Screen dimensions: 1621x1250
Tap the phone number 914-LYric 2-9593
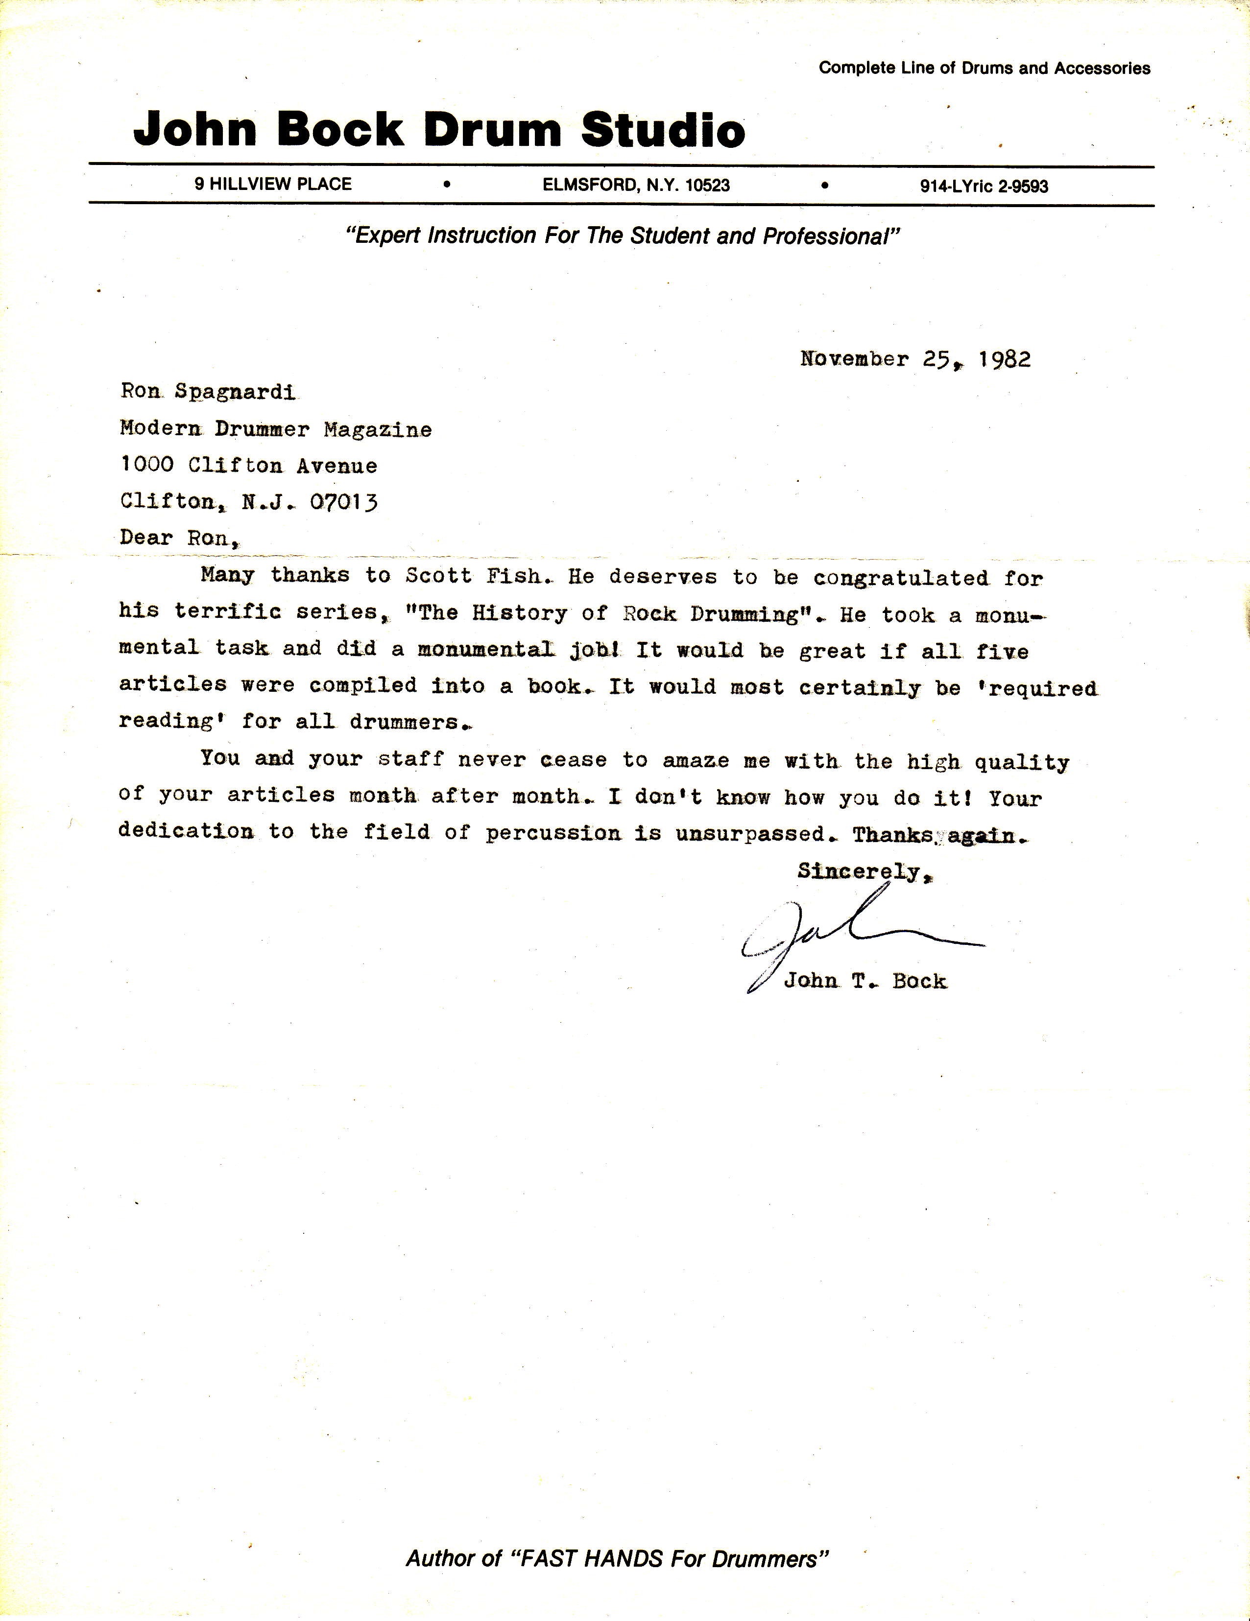[x=984, y=187]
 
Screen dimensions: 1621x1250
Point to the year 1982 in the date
[x=1004, y=359]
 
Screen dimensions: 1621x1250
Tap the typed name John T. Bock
[x=865, y=981]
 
